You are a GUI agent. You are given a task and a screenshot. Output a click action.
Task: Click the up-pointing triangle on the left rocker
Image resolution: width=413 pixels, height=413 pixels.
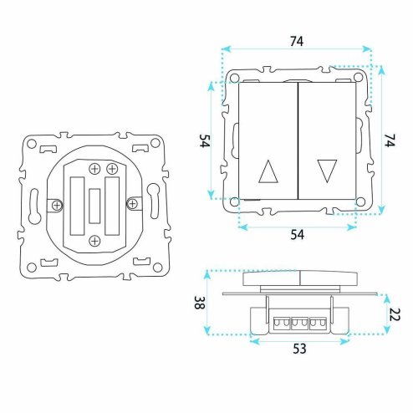268,171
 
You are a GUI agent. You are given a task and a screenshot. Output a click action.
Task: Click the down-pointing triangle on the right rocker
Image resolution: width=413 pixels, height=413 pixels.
327,171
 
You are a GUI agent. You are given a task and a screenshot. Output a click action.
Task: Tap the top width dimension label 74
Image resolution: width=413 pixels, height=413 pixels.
297,42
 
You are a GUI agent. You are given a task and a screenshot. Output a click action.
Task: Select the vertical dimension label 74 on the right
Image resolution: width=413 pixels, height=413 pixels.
390,140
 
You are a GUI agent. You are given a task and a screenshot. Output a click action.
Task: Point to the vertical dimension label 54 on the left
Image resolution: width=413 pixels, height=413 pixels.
205,140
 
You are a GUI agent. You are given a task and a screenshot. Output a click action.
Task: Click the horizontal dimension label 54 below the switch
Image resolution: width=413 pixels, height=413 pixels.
298,235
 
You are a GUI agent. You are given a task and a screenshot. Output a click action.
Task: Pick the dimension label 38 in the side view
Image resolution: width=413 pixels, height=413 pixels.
200,303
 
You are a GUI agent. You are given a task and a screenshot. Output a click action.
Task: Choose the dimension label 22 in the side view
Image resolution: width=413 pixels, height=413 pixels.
395,314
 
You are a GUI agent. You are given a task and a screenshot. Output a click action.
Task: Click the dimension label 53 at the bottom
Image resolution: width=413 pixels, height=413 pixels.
299,349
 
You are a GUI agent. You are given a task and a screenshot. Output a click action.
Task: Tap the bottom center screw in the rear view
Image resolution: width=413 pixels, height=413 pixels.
94,241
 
